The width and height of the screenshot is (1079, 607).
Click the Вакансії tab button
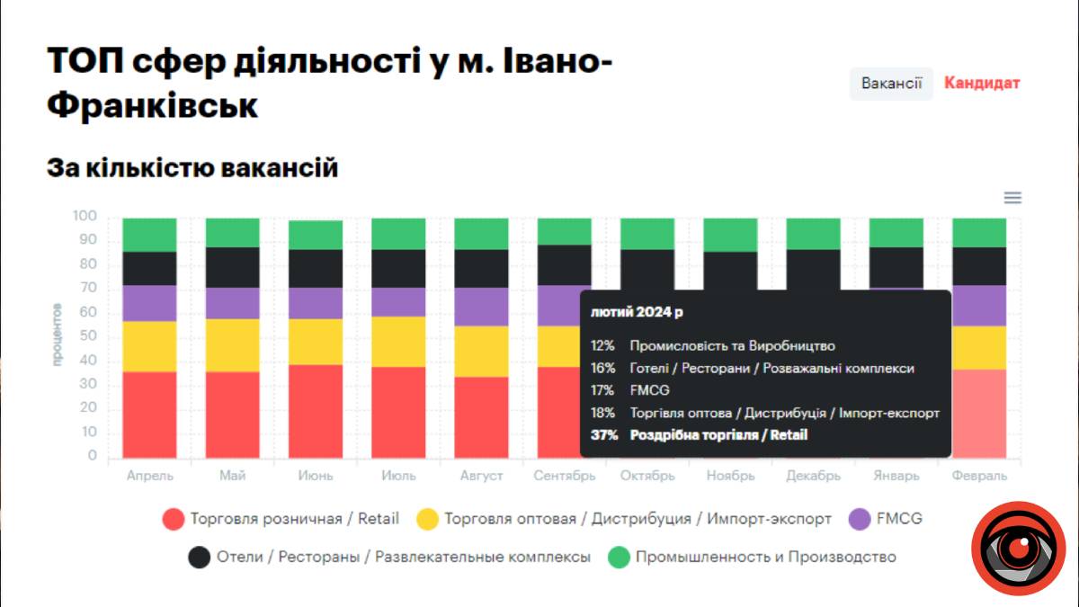click(x=891, y=84)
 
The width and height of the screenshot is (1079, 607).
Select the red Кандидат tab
click(x=982, y=84)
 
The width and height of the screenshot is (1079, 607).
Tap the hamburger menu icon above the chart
click(x=1012, y=198)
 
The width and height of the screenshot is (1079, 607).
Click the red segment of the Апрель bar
click(x=149, y=415)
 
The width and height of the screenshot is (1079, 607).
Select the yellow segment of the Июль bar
click(x=397, y=342)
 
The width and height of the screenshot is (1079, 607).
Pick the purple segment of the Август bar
click(x=481, y=307)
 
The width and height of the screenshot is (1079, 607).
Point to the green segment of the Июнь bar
click(x=316, y=235)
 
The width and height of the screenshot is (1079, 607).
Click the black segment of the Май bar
click(x=233, y=267)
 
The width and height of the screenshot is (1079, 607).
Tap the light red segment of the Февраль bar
click(x=979, y=413)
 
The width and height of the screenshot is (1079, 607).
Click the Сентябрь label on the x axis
click(x=563, y=476)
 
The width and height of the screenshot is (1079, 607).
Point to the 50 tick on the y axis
click(x=86, y=336)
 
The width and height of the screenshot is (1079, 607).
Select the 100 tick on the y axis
click(x=84, y=217)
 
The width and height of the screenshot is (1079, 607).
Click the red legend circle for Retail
click(x=174, y=519)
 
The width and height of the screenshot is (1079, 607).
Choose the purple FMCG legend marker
click(x=860, y=519)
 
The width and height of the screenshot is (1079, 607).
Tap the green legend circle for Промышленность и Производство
click(x=620, y=558)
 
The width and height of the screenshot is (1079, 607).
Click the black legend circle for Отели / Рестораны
click(x=200, y=558)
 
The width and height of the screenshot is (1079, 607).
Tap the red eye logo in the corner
click(x=1018, y=548)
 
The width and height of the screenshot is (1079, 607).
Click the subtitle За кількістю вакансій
click(x=192, y=167)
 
